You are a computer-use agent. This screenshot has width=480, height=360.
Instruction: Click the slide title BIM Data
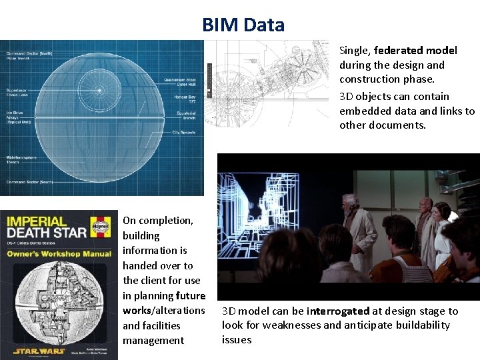click(x=243, y=25)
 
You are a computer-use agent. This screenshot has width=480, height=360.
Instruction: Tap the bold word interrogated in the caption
click(x=338, y=311)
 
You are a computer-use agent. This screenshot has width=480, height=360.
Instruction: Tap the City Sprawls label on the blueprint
click(x=183, y=133)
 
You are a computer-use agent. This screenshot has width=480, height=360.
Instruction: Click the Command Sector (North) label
click(x=29, y=54)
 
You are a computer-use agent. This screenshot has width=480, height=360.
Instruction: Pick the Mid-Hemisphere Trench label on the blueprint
click(x=21, y=159)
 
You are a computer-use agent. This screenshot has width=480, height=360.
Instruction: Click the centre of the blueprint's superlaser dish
click(x=99, y=90)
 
